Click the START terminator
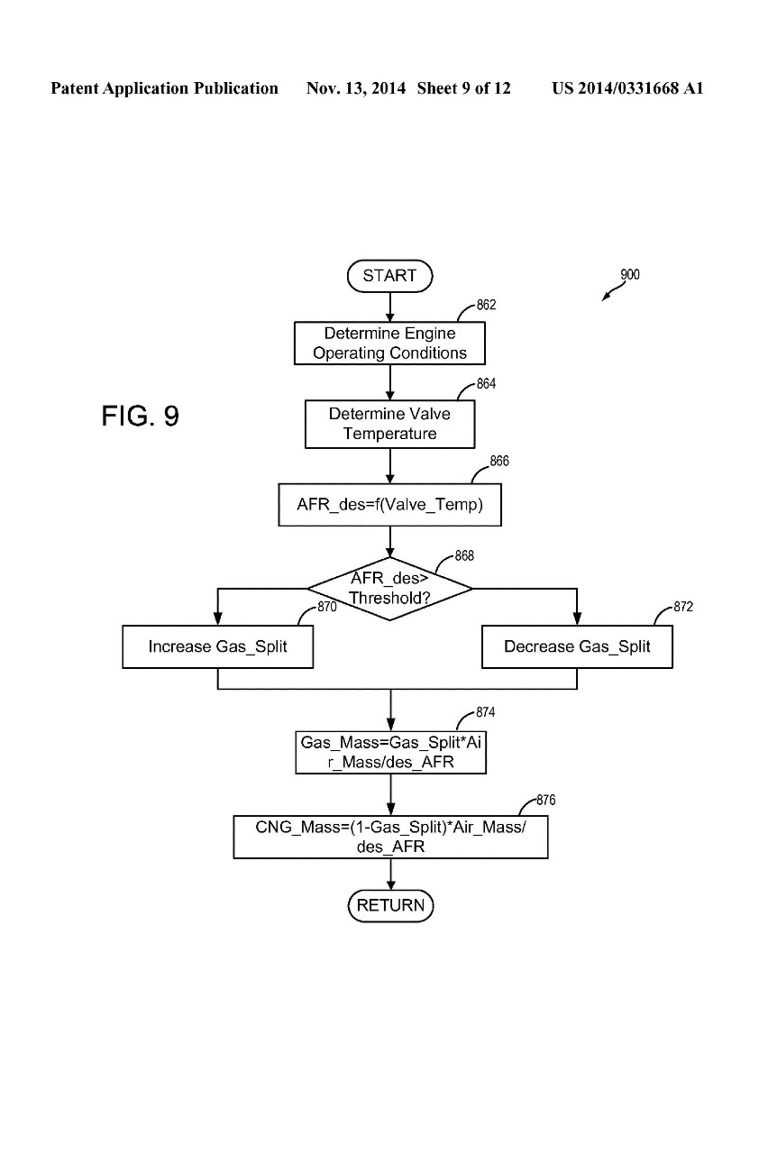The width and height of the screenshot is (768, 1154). pos(389,276)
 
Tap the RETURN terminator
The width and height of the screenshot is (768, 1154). pos(390,905)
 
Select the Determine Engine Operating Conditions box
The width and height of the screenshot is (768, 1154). pos(389,343)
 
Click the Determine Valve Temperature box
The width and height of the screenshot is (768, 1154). pos(389,424)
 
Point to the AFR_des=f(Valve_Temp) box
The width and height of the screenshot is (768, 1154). pos(389,506)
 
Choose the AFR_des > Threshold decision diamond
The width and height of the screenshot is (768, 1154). pos(389,589)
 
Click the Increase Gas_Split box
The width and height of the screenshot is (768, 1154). pos(217,647)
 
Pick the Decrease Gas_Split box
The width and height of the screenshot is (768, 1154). pos(577,647)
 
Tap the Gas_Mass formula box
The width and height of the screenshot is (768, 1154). pos(390,753)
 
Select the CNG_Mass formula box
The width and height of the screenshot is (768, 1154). pos(390,838)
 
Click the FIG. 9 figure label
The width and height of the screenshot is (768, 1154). pos(140,417)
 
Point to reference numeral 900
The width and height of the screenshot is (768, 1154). pos(630,275)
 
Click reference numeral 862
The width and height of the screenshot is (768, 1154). pos(486,306)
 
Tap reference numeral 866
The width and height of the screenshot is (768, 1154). pos(499,462)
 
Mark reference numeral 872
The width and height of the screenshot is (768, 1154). pos(683,608)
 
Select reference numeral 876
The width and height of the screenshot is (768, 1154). pos(545,800)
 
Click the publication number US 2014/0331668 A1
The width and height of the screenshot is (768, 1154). pos(627,88)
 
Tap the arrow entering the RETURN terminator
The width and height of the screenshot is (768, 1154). pos(390,875)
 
